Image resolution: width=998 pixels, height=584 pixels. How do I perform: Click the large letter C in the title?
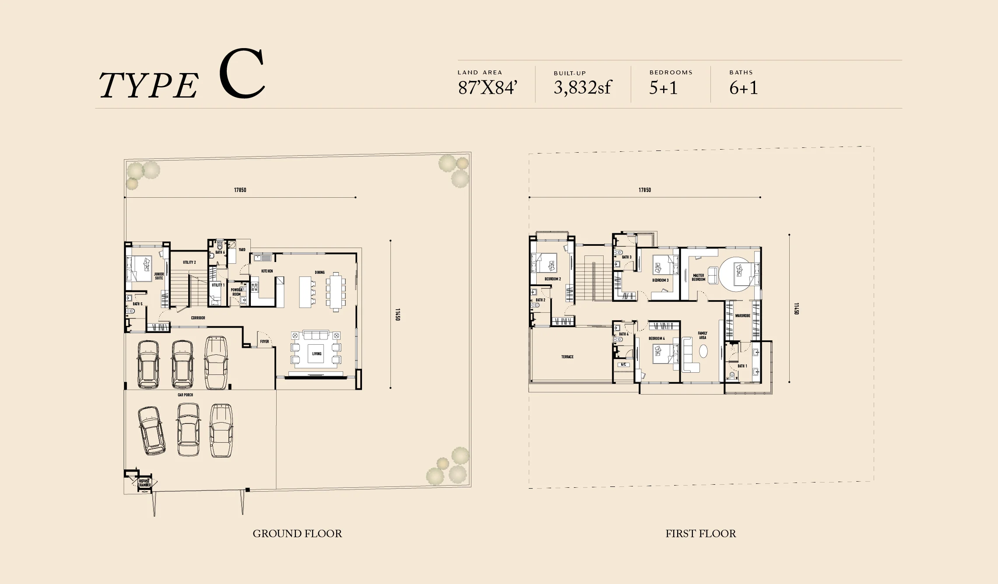pyautogui.click(x=242, y=74)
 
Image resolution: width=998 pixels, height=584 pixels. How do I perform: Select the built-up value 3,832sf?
pyautogui.click(x=582, y=88)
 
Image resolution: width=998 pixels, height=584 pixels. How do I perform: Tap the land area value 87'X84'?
pyautogui.click(x=488, y=88)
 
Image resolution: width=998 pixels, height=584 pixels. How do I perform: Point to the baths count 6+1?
pyautogui.click(x=743, y=88)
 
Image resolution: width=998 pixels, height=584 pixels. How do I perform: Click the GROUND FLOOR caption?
pyautogui.click(x=297, y=534)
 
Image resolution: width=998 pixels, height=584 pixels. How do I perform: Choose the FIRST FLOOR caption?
pyautogui.click(x=700, y=534)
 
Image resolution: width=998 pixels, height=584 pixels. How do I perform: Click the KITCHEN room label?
pyautogui.click(x=267, y=271)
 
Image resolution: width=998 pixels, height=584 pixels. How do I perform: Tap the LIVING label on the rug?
pyautogui.click(x=316, y=354)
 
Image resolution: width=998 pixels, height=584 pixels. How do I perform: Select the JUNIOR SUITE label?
pyautogui.click(x=159, y=276)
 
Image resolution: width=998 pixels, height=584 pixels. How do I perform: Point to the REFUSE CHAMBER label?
pyautogui.click(x=144, y=483)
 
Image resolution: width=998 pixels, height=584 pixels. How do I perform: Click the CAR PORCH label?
pyautogui.click(x=185, y=395)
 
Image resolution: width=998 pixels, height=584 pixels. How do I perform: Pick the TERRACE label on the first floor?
pyautogui.click(x=567, y=357)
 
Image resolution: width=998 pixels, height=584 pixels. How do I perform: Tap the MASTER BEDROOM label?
pyautogui.click(x=699, y=277)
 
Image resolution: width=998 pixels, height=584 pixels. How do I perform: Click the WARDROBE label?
pyautogui.click(x=742, y=316)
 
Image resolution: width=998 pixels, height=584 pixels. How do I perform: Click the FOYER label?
pyautogui.click(x=264, y=342)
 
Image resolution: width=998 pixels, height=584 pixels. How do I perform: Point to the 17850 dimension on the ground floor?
pyautogui.click(x=240, y=190)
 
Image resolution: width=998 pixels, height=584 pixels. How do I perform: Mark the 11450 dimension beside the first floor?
pyautogui.click(x=796, y=308)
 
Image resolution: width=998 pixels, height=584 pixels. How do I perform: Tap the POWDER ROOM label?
pyautogui.click(x=236, y=292)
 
